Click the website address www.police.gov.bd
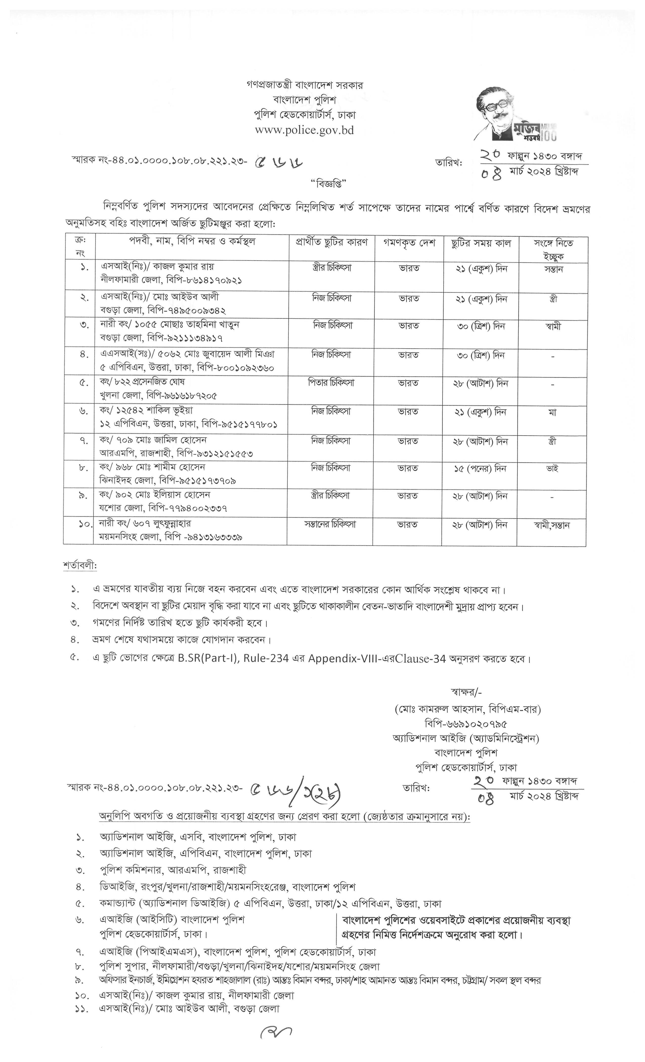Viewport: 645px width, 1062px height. tap(304, 130)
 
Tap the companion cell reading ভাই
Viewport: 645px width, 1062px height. tap(552, 469)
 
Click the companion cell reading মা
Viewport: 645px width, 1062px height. tap(552, 412)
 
